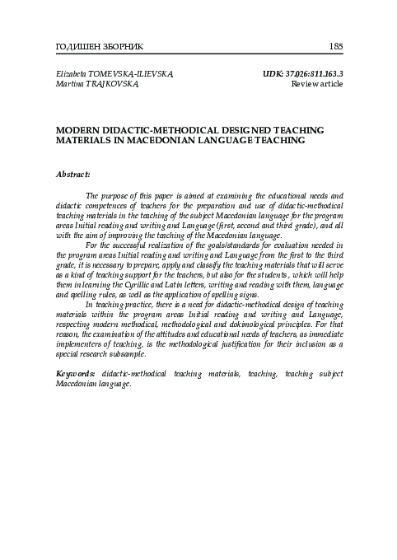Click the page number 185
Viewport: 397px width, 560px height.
pos(336,45)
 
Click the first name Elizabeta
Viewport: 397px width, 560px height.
pos(72,73)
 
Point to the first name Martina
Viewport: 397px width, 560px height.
pos(68,84)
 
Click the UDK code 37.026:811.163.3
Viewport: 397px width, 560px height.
pos(313,73)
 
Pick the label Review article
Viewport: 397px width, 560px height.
pos(317,84)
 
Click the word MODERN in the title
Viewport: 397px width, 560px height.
pos(76,130)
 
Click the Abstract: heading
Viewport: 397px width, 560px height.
pos(72,175)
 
